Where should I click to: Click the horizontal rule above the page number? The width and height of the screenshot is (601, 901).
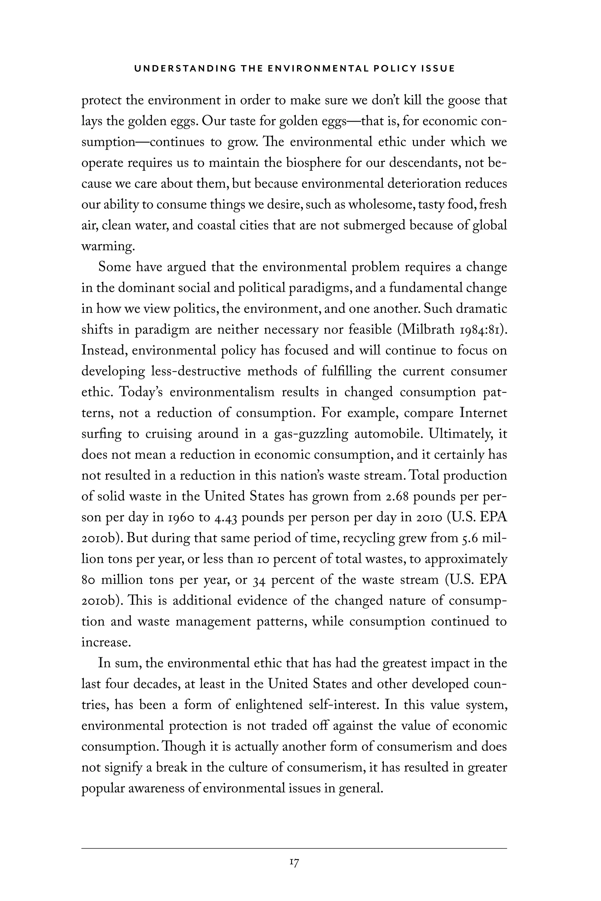pyautogui.click(x=294, y=848)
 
